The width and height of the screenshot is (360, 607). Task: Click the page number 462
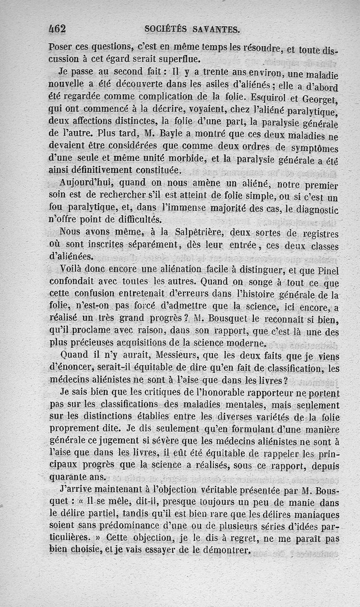point(57,29)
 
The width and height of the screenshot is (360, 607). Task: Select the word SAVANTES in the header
point(216,30)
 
